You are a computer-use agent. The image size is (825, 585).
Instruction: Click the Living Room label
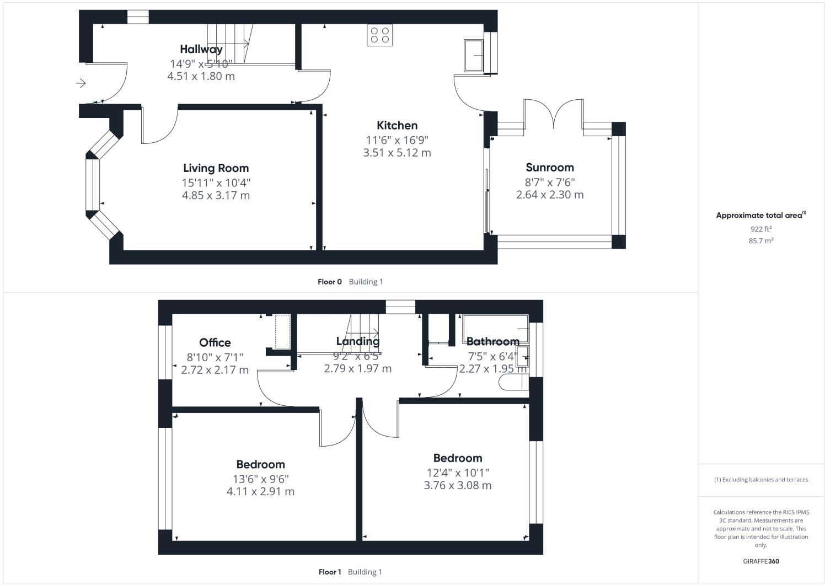tap(216, 168)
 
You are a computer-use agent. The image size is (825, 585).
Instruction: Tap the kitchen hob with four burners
tap(379, 35)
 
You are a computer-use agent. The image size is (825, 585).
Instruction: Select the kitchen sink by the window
tap(473, 56)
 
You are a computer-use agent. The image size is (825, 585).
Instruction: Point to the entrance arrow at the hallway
tap(81, 83)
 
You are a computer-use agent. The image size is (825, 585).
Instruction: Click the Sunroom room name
tap(549, 168)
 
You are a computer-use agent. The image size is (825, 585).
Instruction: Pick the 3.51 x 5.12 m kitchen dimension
tap(397, 153)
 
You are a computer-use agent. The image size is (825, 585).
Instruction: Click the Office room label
tap(215, 343)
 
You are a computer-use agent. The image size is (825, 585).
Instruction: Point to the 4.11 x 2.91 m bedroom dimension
tap(260, 491)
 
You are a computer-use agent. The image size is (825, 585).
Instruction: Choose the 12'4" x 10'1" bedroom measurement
tap(458, 473)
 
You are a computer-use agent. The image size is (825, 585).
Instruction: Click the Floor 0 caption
tap(330, 282)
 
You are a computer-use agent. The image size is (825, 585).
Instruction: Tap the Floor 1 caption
tap(330, 572)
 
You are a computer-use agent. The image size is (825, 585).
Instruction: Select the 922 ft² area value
tap(760, 229)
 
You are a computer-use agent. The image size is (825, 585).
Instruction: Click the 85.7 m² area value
tap(760, 241)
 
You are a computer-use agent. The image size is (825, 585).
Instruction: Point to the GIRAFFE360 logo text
tap(760, 561)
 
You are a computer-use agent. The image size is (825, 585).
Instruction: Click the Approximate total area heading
tap(760, 216)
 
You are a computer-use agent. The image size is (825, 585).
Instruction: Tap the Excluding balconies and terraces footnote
tap(761, 480)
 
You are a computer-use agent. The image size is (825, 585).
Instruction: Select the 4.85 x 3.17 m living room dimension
tap(216, 195)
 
